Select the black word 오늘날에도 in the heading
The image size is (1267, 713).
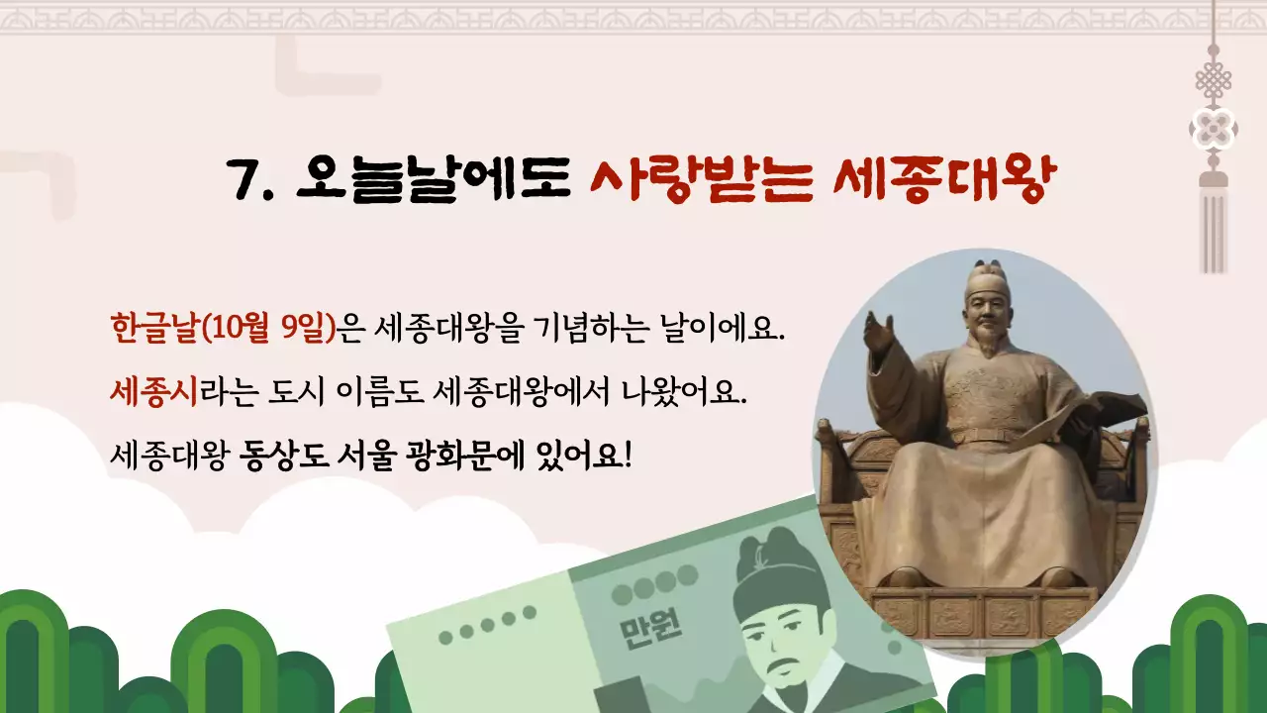point(434,179)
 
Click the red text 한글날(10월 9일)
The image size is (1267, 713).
point(224,327)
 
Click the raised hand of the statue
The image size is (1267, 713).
point(880,333)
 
